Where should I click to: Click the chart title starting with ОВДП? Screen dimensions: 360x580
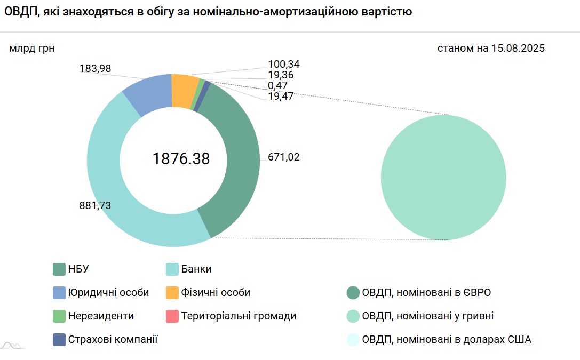[208, 12]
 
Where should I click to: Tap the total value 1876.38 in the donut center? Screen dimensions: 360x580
[181, 159]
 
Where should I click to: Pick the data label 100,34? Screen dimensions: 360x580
[284, 65]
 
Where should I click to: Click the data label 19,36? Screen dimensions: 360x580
[281, 75]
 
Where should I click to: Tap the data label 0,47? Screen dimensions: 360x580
[278, 85]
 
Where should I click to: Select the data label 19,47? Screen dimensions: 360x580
[281, 96]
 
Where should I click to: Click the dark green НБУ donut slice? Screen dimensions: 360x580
[235, 160]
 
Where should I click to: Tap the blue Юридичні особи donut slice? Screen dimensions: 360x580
[147, 93]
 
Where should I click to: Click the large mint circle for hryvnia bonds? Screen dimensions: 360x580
[443, 178]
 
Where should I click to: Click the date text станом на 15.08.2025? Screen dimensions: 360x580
[491, 49]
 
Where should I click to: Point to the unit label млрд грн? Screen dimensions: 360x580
[32, 49]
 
